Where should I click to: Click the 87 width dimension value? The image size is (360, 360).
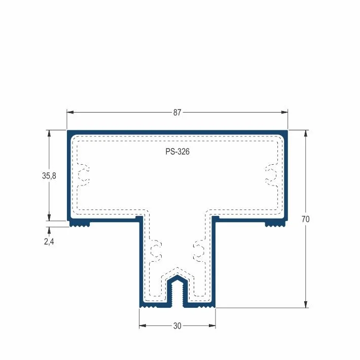click(177, 113)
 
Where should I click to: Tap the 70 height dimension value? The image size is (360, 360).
click(305, 219)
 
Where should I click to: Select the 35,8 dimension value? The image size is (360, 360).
click(49, 176)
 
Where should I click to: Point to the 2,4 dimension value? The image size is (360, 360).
click(49, 241)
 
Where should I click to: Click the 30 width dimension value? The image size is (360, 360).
click(177, 326)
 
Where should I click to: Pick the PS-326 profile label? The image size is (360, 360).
click(177, 152)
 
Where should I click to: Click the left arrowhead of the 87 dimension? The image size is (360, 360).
click(70, 112)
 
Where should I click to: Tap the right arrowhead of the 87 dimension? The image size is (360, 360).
click(284, 112)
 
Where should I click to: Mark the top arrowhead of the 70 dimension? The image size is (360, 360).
click(305, 133)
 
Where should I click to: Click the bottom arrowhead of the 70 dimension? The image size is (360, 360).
click(305, 304)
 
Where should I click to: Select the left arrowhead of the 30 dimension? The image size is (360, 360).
click(142, 326)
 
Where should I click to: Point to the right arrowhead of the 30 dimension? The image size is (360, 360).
click(212, 326)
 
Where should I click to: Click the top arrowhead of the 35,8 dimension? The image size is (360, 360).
click(49, 133)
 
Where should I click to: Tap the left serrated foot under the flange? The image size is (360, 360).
click(80, 224)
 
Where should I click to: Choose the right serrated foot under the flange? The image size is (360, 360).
click(275, 224)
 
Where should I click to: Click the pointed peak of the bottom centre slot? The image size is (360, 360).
click(177, 275)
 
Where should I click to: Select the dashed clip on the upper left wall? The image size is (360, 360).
click(83, 175)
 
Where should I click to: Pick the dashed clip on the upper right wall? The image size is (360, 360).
click(271, 175)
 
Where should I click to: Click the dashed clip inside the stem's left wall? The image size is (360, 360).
click(156, 250)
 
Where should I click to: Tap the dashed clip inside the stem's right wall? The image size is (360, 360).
click(199, 250)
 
